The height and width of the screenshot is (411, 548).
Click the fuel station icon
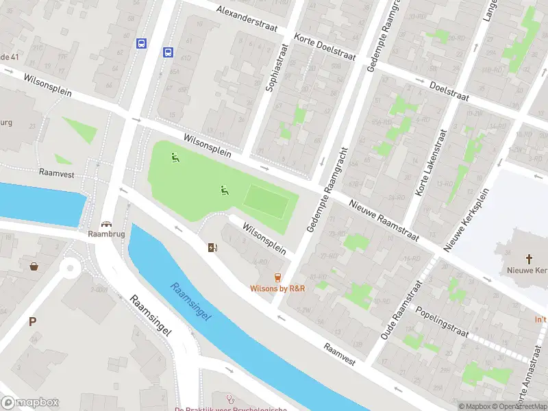213,247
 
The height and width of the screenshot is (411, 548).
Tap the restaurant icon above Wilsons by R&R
277,277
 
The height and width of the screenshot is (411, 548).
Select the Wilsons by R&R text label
277,288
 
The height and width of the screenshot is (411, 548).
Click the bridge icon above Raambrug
106,224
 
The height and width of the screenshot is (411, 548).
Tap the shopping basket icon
34,266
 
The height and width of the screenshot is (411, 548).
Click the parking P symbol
32,321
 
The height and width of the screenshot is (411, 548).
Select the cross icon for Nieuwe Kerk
529,259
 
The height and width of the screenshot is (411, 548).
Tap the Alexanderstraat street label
250,17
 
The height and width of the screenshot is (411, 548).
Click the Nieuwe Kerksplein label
467,219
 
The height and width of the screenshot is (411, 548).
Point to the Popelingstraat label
441,321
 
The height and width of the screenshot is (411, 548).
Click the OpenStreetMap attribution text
519,406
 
